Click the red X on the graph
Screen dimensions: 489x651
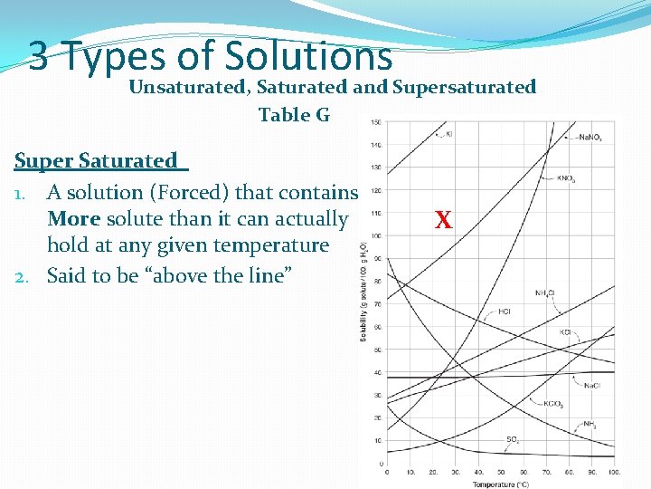[443, 220]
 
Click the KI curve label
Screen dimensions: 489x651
[449, 134]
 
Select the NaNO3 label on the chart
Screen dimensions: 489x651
[589, 138]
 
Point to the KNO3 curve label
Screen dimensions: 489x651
[567, 178]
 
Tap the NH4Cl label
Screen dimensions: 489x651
[544, 292]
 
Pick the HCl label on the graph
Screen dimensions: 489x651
[505, 312]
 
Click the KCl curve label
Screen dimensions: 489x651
[565, 332]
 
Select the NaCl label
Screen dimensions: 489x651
[591, 386]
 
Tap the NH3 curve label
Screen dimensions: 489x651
[589, 424]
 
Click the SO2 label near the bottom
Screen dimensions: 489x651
[512, 440]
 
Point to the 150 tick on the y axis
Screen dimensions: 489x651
[374, 122]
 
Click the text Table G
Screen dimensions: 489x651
[295, 115]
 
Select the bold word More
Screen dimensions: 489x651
[73, 219]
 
